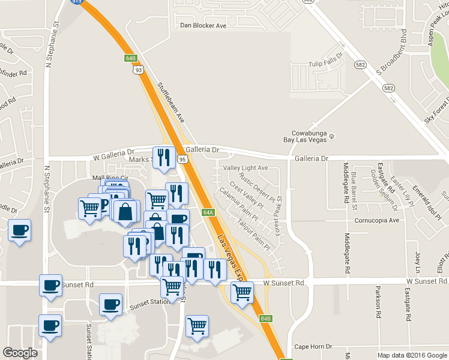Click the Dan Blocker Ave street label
click(203, 26)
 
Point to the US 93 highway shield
click(139, 70)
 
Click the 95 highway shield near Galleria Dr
click(182, 159)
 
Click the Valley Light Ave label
click(246, 168)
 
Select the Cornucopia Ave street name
click(376, 220)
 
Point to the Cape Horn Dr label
click(313, 347)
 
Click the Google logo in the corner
click(20, 352)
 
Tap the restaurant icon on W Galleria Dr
click(163, 157)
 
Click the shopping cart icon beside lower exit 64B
click(241, 292)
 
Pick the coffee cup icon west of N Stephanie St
click(19, 230)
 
